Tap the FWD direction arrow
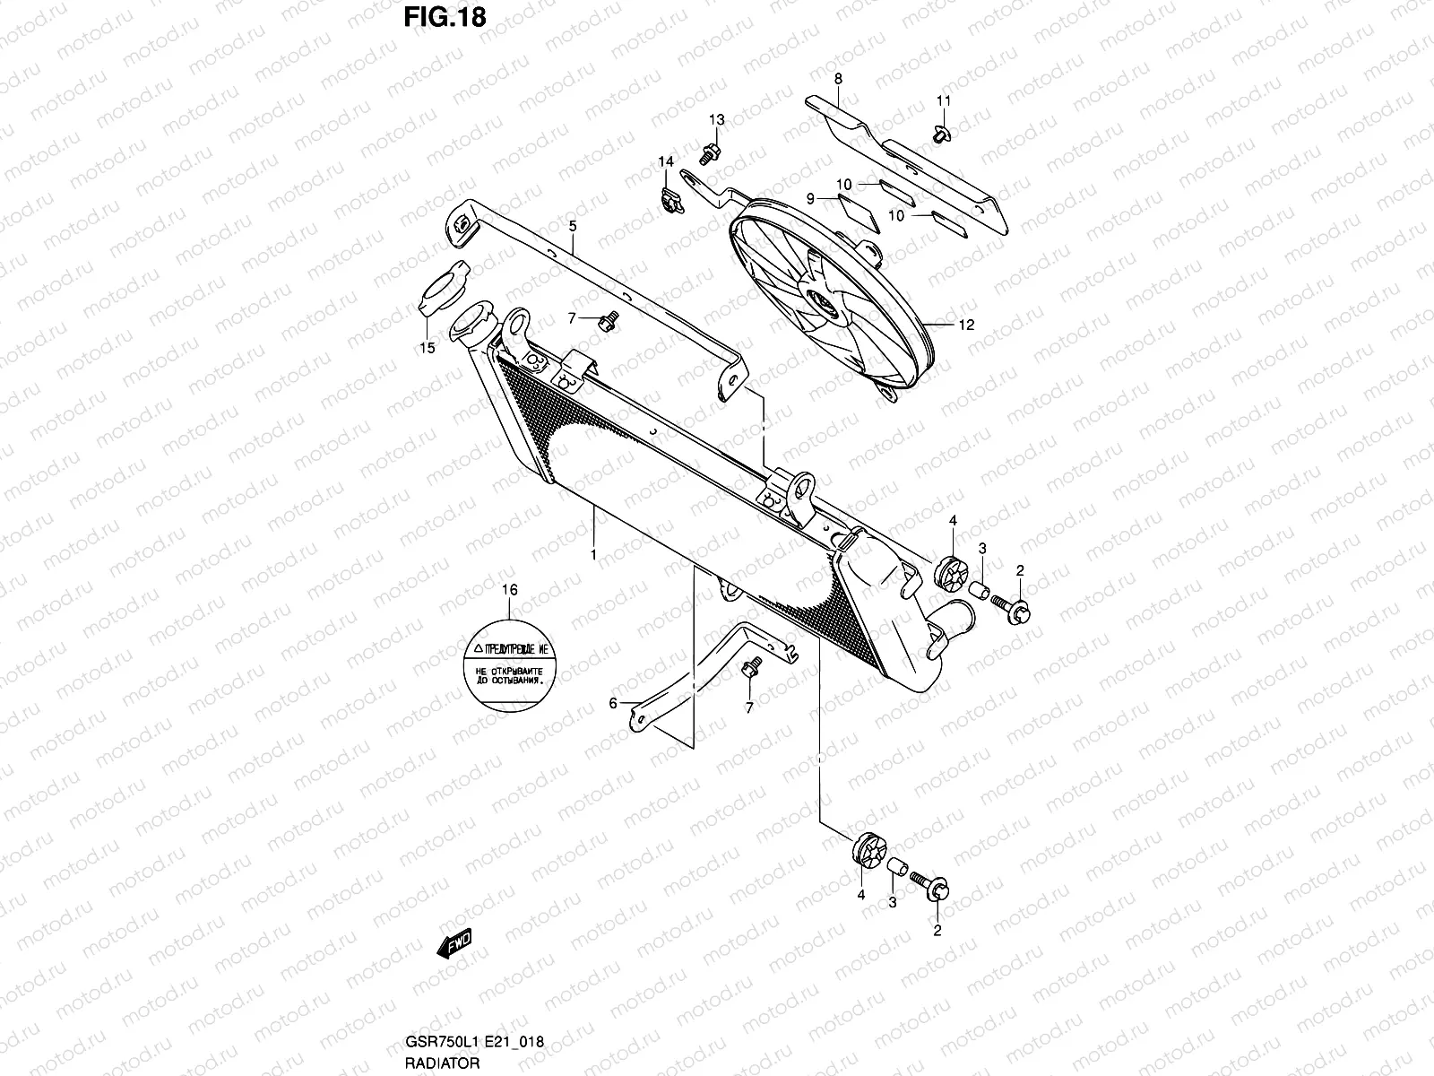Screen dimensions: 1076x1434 tap(454, 942)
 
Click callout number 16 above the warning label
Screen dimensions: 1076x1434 tap(509, 590)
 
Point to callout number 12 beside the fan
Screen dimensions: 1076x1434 tap(965, 325)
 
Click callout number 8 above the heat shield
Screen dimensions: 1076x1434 tap(838, 79)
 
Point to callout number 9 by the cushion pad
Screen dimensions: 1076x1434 tap(809, 199)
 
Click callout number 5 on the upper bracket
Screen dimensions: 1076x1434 tap(573, 227)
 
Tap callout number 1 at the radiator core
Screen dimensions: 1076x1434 tap(592, 555)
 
